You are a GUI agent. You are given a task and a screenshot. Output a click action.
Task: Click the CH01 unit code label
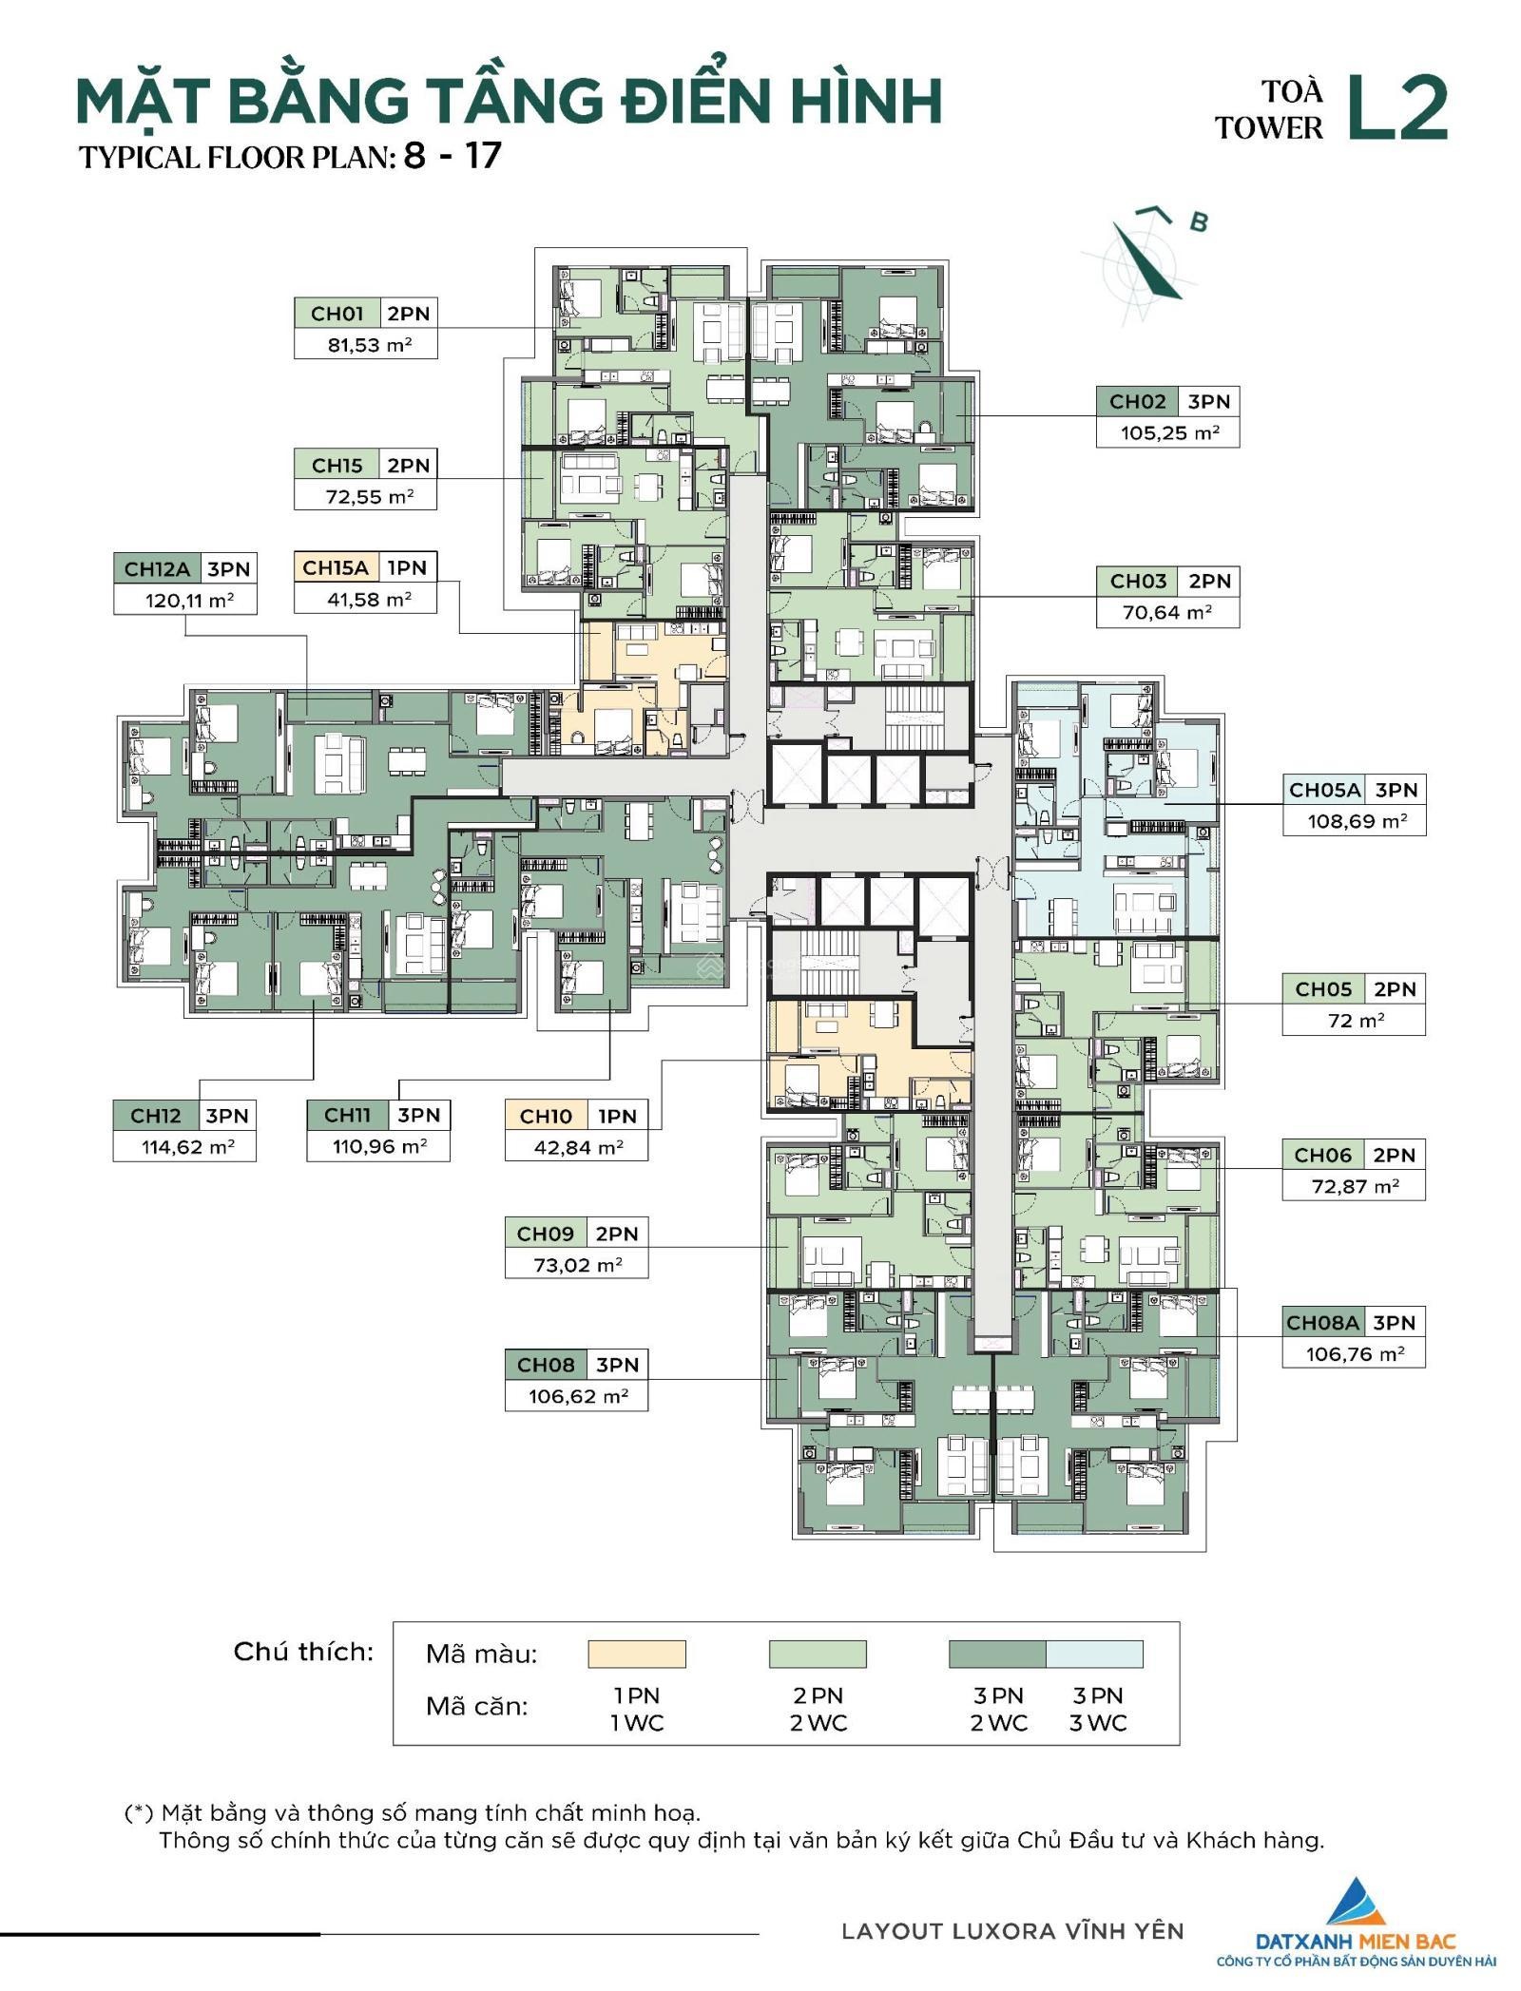(337, 314)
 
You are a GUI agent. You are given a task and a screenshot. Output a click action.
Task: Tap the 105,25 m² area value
(1168, 432)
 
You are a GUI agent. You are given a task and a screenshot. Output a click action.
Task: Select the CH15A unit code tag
(335, 567)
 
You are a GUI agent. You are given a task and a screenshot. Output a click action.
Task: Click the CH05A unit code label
(1324, 790)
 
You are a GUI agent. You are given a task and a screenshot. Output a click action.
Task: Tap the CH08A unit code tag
(1322, 1323)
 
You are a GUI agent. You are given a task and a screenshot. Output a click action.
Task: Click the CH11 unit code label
(347, 1115)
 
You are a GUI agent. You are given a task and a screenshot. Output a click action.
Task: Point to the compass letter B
(1199, 222)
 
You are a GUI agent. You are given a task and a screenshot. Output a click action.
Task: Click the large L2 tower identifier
(1397, 108)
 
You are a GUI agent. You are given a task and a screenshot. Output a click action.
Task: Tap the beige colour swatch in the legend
(636, 1654)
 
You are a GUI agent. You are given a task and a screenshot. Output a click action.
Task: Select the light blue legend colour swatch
(1094, 1654)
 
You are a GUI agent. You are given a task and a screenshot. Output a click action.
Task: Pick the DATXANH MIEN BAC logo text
(1356, 1941)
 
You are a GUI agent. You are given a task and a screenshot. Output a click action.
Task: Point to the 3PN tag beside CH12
(227, 1116)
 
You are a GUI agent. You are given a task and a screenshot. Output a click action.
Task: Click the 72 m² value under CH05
(1356, 1021)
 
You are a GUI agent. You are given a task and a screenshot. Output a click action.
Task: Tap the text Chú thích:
(304, 1652)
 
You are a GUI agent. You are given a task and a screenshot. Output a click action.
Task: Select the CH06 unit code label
(1322, 1156)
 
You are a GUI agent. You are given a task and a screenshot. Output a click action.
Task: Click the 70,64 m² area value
(1167, 612)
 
